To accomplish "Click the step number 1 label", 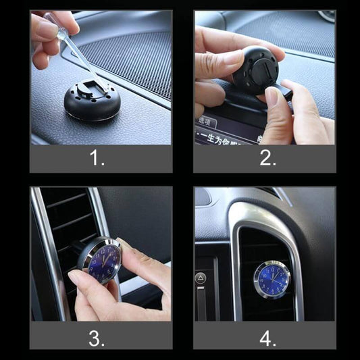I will [97, 159].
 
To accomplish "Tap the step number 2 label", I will [268, 159].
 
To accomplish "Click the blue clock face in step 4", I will [272, 280].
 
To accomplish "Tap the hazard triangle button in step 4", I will [201, 278].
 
